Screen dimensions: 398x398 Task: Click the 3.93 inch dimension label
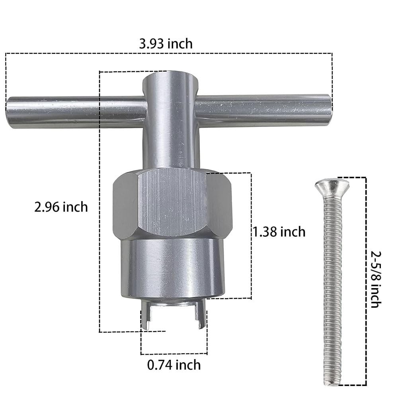[x=166, y=43]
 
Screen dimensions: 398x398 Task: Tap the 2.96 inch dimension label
[x=61, y=207]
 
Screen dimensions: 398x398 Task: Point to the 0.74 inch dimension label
[x=174, y=364]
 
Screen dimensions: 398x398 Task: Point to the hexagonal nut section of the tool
[x=172, y=203]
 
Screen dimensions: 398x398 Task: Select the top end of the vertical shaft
[x=170, y=78]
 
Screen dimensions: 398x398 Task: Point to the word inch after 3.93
[x=179, y=43]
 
